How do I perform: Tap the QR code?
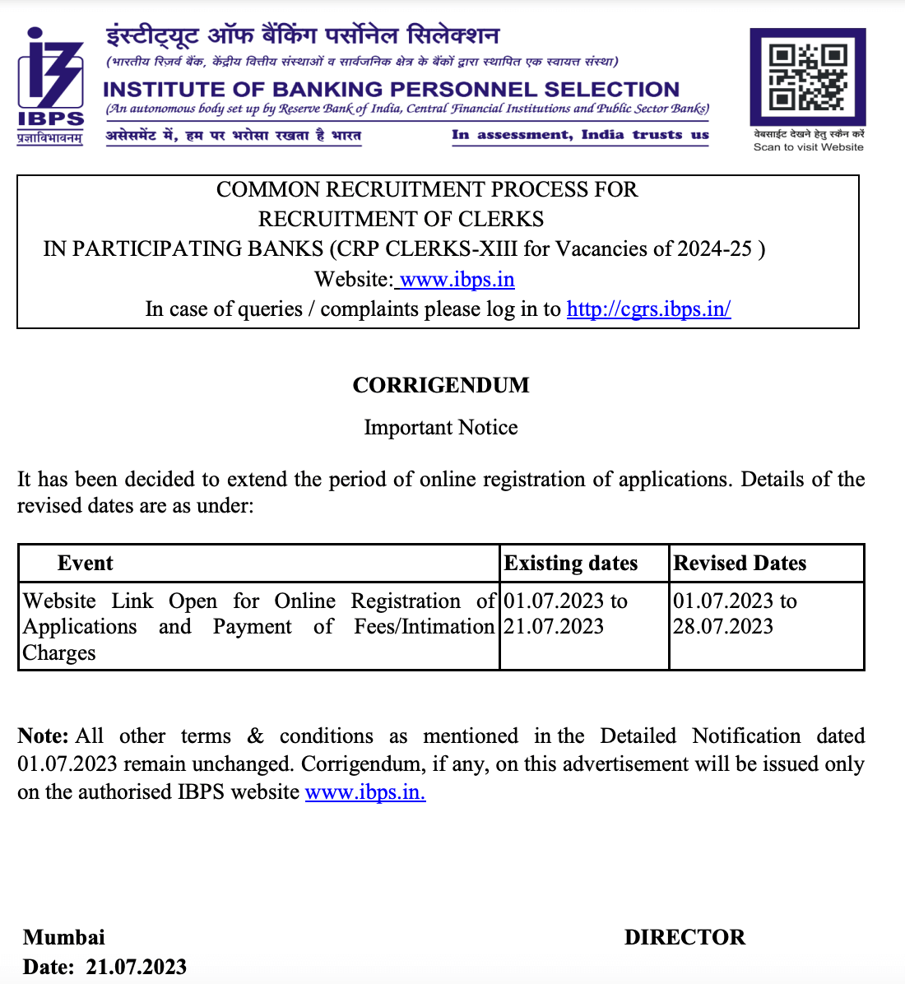pyautogui.click(x=807, y=77)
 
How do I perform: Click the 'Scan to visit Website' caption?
pyautogui.click(x=808, y=147)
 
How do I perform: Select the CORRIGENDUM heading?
pyautogui.click(x=441, y=385)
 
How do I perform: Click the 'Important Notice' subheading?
pyautogui.click(x=441, y=428)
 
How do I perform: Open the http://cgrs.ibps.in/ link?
pyautogui.click(x=648, y=309)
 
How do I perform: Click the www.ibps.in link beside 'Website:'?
pyautogui.click(x=457, y=280)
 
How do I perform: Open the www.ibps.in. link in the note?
pyautogui.click(x=365, y=792)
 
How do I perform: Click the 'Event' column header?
pyautogui.click(x=85, y=564)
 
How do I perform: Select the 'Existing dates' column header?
pyautogui.click(x=571, y=564)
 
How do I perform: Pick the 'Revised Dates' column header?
pyautogui.click(x=740, y=564)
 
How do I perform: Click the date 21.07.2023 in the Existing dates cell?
pyautogui.click(x=554, y=627)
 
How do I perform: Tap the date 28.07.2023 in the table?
pyautogui.click(x=723, y=627)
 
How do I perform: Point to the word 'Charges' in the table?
pyautogui.click(x=59, y=653)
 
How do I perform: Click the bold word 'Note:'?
pyautogui.click(x=43, y=736)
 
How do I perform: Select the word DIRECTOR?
pyautogui.click(x=685, y=938)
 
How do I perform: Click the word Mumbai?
pyautogui.click(x=64, y=938)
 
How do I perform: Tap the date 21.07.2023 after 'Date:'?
pyautogui.click(x=137, y=968)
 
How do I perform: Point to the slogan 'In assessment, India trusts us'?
pyautogui.click(x=580, y=135)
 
